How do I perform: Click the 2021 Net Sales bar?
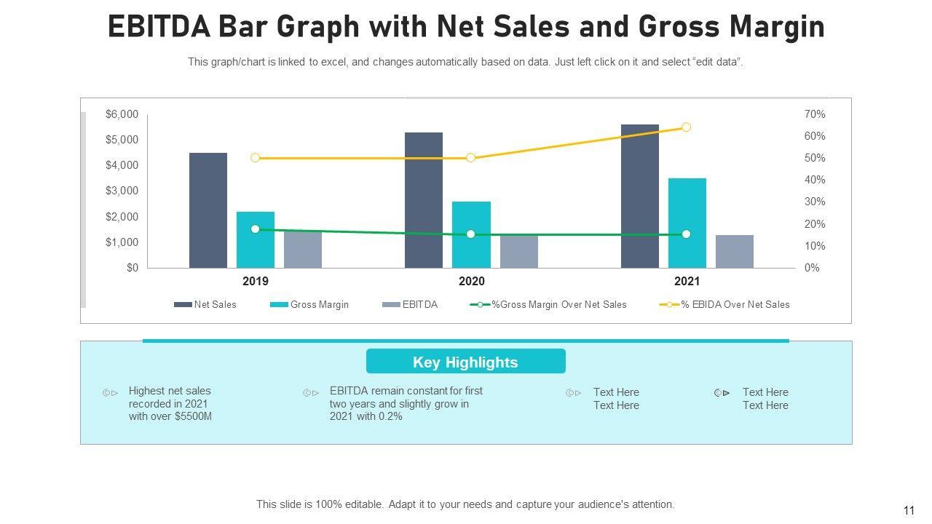[639, 196]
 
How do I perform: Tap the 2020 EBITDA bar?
[518, 252]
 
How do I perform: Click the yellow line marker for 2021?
[686, 127]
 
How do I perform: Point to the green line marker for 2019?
[255, 229]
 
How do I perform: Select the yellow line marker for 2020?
[470, 158]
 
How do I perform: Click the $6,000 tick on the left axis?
[122, 114]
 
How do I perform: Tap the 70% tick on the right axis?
[815, 114]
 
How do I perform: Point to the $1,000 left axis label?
[122, 242]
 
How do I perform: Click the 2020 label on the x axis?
[471, 282]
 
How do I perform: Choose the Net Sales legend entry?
[205, 305]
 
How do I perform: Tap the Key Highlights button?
[465, 362]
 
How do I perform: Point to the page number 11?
[909, 511]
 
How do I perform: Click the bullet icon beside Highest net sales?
[110, 393]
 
